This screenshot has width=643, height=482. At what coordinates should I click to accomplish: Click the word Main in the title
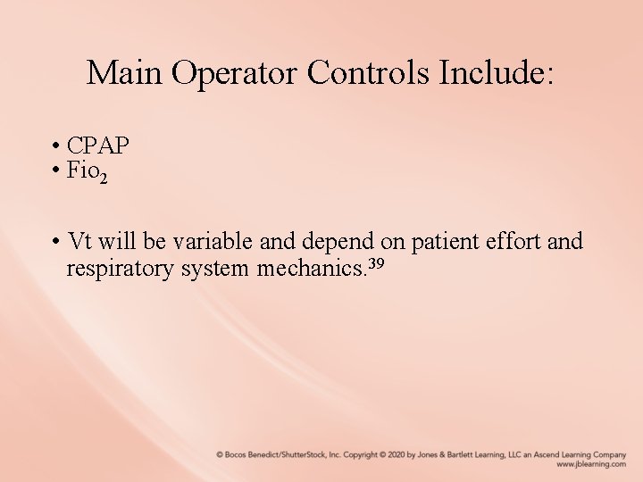125,73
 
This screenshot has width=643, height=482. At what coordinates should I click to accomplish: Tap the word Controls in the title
368,73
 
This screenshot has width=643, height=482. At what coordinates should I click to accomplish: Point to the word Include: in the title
497,73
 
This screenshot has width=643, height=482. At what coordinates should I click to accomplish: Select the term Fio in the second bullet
82,170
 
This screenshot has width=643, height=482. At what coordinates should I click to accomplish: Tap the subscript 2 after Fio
104,179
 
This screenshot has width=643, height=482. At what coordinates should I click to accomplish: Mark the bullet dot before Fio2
55,170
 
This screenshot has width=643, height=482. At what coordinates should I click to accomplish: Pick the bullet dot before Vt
55,242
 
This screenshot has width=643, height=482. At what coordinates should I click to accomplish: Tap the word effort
516,241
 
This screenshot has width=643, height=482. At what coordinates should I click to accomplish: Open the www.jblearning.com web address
590,464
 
